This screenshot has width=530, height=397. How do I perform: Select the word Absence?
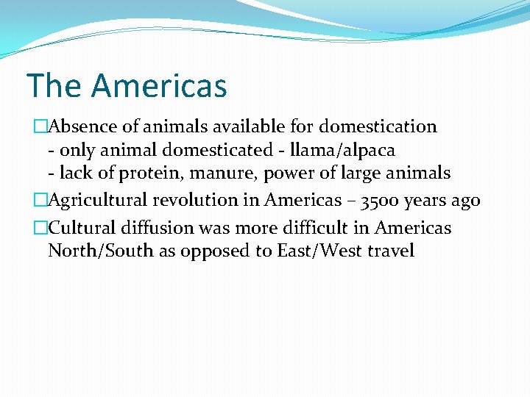tap(82, 126)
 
